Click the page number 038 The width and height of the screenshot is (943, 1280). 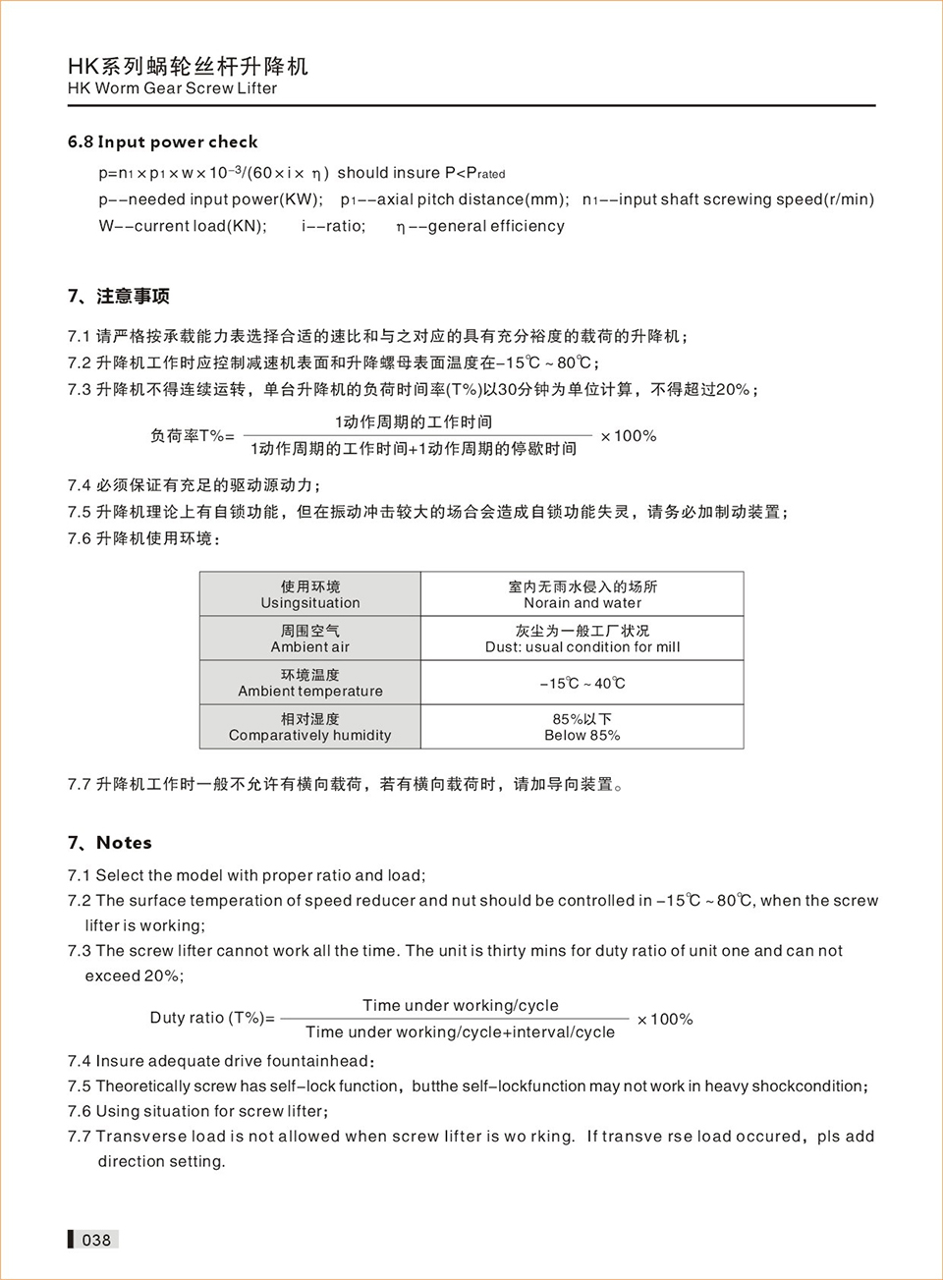coord(96,1240)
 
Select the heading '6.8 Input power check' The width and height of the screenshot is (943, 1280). coord(162,141)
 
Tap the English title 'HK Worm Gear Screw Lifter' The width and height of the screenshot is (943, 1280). coord(172,88)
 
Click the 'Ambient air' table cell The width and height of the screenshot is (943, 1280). coord(310,639)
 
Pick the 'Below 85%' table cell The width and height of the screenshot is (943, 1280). coord(582,727)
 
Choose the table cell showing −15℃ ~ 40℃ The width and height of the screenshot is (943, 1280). coord(582,683)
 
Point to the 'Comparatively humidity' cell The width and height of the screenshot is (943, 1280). coord(310,727)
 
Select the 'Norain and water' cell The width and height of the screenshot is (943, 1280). coord(582,594)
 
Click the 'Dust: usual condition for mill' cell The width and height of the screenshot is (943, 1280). coord(582,639)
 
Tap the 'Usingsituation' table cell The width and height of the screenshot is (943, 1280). coord(310,594)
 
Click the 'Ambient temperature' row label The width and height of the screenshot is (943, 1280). coord(310,683)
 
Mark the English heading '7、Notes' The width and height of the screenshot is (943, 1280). coord(110,843)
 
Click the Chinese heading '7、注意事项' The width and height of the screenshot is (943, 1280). coord(119,297)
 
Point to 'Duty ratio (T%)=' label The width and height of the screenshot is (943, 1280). coord(212,1018)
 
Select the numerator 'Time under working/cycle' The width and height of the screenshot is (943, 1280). coord(460,1005)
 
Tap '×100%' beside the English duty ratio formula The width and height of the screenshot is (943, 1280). coord(665,1020)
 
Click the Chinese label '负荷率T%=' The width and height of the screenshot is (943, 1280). coord(193,436)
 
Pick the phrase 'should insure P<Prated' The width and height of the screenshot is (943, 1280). coord(420,173)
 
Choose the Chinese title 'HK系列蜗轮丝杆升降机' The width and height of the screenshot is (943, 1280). coord(188,66)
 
